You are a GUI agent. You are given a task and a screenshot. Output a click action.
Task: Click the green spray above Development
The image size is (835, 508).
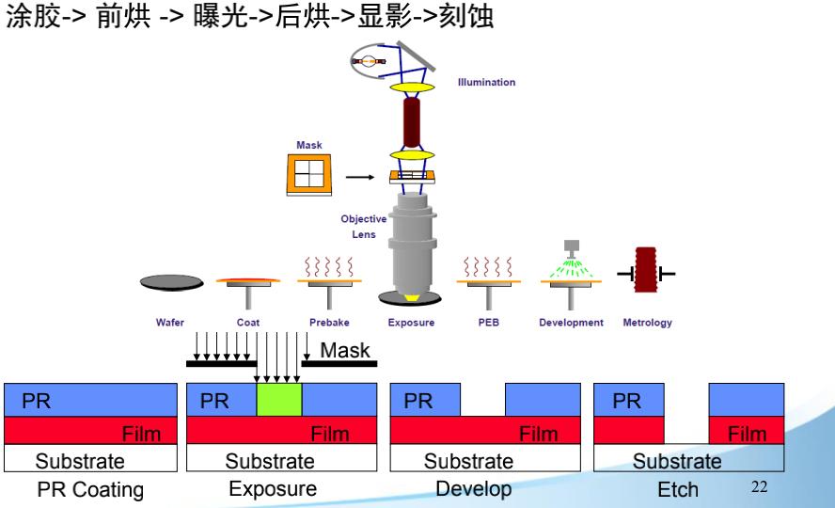tap(570, 270)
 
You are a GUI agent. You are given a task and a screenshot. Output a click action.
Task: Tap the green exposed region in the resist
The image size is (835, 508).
tap(279, 399)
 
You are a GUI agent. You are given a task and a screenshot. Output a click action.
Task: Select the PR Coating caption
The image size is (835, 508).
tap(91, 489)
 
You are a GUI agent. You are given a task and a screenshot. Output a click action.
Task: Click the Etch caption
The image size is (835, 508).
tap(678, 489)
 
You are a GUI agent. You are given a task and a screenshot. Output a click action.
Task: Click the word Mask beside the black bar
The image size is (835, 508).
tap(346, 351)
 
